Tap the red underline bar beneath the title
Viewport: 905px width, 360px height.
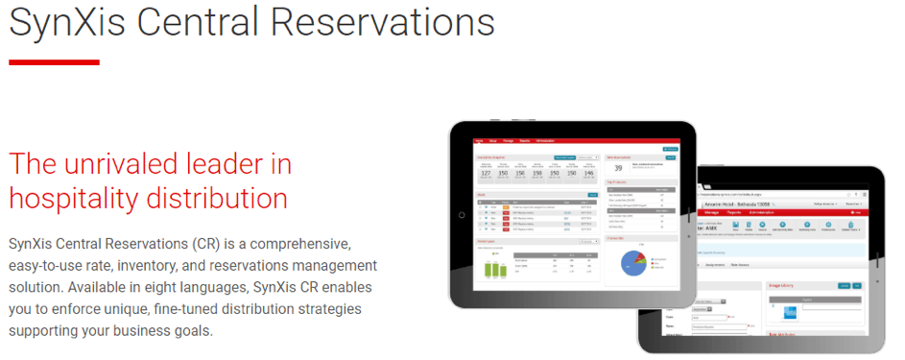click(x=54, y=62)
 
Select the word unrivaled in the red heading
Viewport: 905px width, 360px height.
click(x=130, y=164)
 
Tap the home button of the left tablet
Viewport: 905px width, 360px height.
click(x=463, y=212)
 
